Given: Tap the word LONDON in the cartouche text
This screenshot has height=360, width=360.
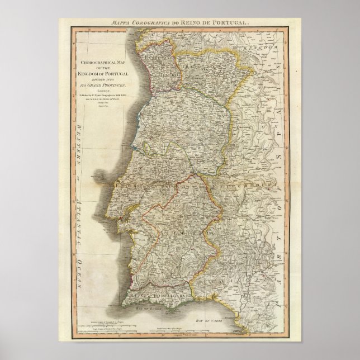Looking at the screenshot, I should point(104,88).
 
